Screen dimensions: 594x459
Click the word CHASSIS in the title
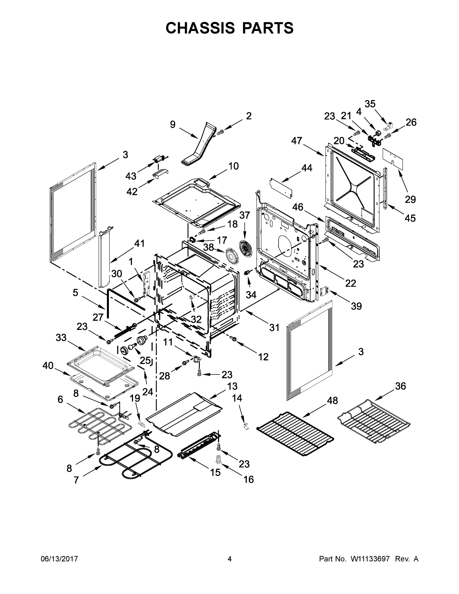[200, 28]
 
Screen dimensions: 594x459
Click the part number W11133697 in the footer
[368, 559]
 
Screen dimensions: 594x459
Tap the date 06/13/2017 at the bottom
[59, 559]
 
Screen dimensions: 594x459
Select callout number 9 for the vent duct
[173, 124]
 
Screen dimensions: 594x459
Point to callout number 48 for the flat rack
[332, 400]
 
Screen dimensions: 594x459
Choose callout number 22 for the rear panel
[351, 283]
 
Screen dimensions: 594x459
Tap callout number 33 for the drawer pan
[61, 338]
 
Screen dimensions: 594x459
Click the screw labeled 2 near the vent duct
[220, 132]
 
